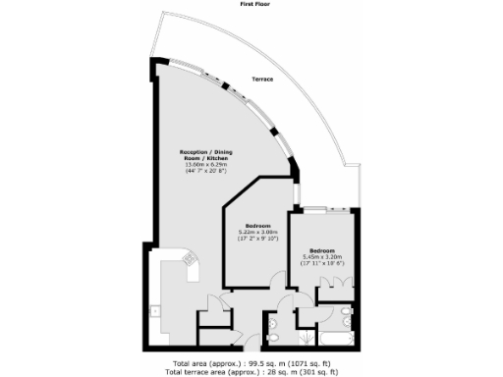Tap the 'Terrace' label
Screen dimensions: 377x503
(262, 79)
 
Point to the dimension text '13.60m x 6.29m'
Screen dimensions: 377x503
(204, 164)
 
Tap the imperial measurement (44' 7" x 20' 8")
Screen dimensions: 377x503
(204, 171)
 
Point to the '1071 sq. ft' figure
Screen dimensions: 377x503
(311, 362)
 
